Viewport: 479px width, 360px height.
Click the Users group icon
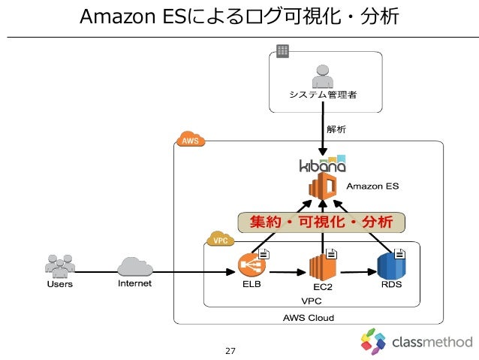click(x=60, y=266)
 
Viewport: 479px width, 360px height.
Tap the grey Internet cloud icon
click(x=135, y=267)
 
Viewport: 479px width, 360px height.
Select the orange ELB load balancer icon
click(x=252, y=265)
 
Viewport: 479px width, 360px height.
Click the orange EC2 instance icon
click(x=322, y=267)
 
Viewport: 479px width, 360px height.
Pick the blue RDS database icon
click(x=391, y=266)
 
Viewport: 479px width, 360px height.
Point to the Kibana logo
click(x=322, y=164)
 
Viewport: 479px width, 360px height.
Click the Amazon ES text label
click(x=372, y=186)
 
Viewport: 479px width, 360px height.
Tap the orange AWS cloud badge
click(x=191, y=139)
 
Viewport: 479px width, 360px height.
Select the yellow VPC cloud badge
click(x=220, y=239)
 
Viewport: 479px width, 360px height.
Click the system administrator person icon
click(x=323, y=77)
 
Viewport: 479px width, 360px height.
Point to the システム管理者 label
click(x=323, y=95)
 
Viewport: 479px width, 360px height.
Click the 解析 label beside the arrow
click(x=336, y=129)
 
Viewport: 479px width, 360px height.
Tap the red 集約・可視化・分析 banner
click(x=321, y=222)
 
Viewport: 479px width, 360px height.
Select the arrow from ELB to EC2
click(x=288, y=272)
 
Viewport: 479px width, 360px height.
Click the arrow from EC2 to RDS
click(x=359, y=272)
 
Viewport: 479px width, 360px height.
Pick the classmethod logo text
click(x=432, y=342)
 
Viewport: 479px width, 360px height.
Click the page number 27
click(x=230, y=351)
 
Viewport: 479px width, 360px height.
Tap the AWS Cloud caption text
click(x=309, y=318)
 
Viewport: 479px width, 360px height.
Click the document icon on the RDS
click(x=399, y=254)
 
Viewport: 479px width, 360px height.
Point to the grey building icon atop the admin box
click(x=282, y=51)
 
